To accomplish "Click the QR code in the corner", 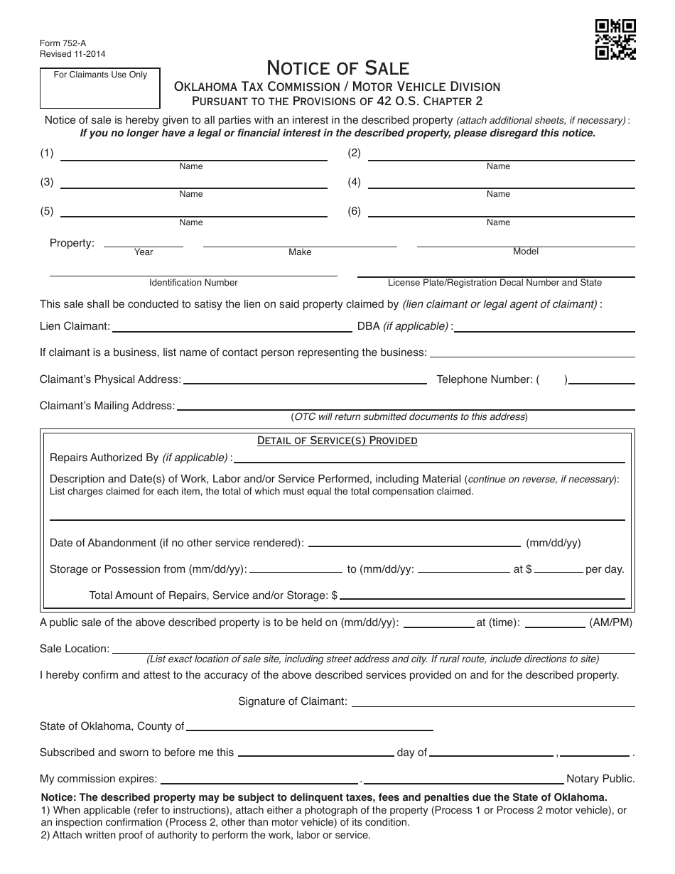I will [615, 40].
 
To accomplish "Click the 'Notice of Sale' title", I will [337, 68].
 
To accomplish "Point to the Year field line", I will [144, 245].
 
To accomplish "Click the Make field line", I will [300, 245].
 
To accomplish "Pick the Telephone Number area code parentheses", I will [552, 379].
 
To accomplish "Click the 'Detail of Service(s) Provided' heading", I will [337, 441].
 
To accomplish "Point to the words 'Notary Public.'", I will [600, 778].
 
